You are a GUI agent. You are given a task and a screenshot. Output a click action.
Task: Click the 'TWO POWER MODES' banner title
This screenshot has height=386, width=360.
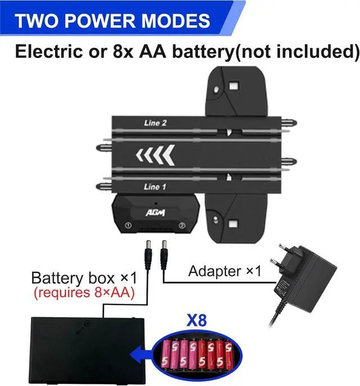pyautogui.click(x=112, y=21)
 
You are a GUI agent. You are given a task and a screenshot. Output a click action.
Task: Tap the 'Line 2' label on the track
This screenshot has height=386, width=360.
pyautogui.click(x=155, y=123)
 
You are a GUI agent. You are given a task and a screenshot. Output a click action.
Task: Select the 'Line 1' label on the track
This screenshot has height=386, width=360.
pyautogui.click(x=155, y=186)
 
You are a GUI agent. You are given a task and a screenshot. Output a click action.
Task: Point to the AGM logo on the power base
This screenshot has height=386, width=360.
pyautogui.click(x=155, y=212)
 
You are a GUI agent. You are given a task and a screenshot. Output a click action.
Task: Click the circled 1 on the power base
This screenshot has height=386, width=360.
pyautogui.click(x=129, y=226)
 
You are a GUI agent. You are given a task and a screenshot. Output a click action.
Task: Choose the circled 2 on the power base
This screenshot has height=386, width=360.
pyautogui.click(x=182, y=226)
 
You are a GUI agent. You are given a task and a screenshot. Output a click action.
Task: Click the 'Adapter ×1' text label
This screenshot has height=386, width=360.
pyautogui.click(x=225, y=271)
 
